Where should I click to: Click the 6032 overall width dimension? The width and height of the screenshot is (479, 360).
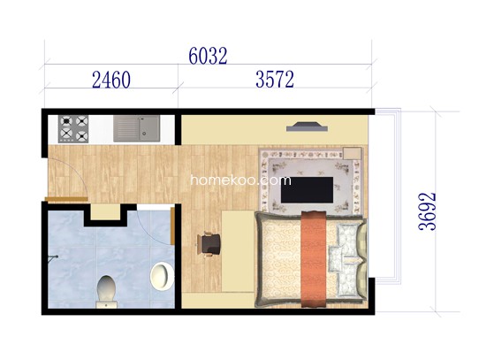[208, 56]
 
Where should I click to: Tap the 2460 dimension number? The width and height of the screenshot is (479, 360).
[111, 80]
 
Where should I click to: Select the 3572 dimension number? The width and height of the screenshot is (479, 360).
[275, 80]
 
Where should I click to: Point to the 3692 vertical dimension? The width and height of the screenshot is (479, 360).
[427, 211]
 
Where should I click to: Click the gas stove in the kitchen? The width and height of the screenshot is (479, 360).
[73, 129]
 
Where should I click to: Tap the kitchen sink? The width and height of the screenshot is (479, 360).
[137, 128]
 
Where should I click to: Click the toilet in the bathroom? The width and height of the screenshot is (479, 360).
[106, 292]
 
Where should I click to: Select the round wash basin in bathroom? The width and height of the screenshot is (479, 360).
[163, 276]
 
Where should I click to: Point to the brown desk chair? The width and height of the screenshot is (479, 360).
[209, 244]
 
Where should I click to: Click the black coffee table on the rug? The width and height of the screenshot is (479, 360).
[307, 189]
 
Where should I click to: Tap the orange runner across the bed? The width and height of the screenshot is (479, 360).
[314, 259]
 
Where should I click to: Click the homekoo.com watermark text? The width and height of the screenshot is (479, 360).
[240, 180]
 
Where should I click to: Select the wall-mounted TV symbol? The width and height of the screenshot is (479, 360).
[307, 126]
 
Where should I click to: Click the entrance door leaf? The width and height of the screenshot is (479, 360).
[66, 199]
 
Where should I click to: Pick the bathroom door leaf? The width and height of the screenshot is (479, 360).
[172, 226]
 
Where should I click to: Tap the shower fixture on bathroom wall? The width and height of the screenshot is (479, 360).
[53, 257]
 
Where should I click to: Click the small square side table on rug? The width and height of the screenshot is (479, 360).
[352, 153]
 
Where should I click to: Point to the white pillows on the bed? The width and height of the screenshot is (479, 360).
[344, 260]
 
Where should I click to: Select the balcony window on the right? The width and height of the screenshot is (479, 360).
[387, 196]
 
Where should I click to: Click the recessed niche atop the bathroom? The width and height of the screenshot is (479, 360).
[106, 211]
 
